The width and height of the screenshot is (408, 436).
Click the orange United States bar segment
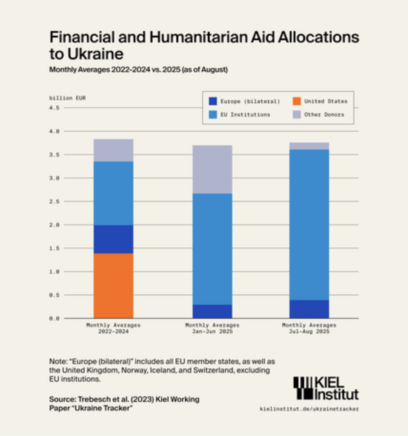[113, 285]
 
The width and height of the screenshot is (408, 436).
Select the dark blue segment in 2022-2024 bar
[113, 239]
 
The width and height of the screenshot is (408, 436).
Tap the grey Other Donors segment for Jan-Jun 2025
[212, 169]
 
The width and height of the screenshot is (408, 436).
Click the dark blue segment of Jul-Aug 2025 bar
[309, 309]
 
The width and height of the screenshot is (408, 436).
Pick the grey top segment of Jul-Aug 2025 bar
[309, 146]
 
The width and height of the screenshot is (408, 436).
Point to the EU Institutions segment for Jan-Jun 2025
[212, 249]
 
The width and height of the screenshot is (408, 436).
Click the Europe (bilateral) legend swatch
[213, 101]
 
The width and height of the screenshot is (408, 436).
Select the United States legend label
[326, 101]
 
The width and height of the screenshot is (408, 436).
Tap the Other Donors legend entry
[324, 114]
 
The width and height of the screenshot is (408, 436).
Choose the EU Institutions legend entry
[245, 114]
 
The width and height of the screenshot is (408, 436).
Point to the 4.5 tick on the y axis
[54, 108]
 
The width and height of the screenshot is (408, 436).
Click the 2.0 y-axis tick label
[54, 225]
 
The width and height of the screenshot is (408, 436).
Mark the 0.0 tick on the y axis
[54, 319]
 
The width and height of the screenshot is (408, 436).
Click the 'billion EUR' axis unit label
[68, 98]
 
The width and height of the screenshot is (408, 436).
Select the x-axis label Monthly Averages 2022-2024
[113, 328]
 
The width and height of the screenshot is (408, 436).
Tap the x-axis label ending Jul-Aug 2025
[309, 328]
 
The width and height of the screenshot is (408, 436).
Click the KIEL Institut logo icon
[303, 388]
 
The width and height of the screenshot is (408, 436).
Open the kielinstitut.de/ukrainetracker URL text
[309, 409]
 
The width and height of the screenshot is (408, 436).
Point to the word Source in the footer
[62, 399]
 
